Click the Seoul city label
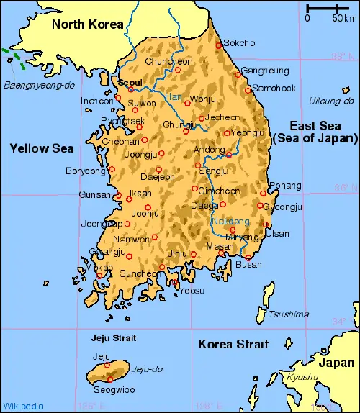pos(130,83)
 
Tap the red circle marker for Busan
pos(248,257)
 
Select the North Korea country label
pos(87,24)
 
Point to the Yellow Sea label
pos(41,148)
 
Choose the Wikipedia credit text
pos(22,406)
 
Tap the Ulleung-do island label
pos(329,101)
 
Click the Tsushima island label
pos(288,314)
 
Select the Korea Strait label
pos(233,345)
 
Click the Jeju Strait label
pos(114,337)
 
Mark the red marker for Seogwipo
pos(110,378)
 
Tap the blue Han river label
pos(174,96)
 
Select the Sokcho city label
pos(240,43)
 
